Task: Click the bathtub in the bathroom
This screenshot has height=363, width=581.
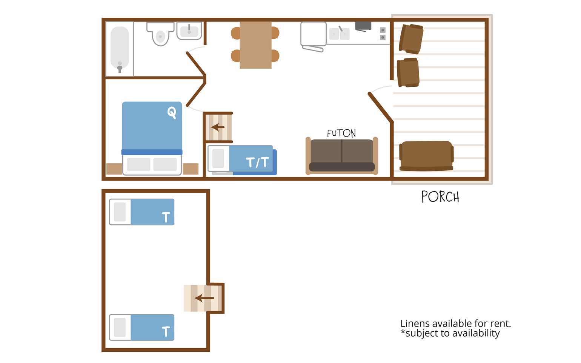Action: coord(120,49)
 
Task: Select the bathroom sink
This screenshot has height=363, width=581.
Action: coord(189,31)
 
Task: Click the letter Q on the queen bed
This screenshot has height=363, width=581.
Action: coord(172,112)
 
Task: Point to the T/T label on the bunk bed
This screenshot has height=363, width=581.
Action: coord(257,162)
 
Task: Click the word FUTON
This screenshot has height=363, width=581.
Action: coord(341,133)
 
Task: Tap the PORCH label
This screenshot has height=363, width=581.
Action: coord(440,197)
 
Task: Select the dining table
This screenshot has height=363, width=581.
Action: coord(255,45)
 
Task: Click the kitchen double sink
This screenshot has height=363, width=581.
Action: coord(339,34)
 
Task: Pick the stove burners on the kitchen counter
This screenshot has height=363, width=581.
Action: coord(383,34)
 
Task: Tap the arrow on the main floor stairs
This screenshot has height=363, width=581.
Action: coord(218,127)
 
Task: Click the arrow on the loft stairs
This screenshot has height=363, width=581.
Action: coord(204,298)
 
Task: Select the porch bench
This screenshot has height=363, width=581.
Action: coord(426,156)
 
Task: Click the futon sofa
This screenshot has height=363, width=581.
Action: coord(341,156)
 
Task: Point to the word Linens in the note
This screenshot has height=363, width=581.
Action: coord(415,324)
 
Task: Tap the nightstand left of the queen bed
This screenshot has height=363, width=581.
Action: coord(114,168)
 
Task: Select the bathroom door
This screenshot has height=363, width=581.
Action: coord(196,64)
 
